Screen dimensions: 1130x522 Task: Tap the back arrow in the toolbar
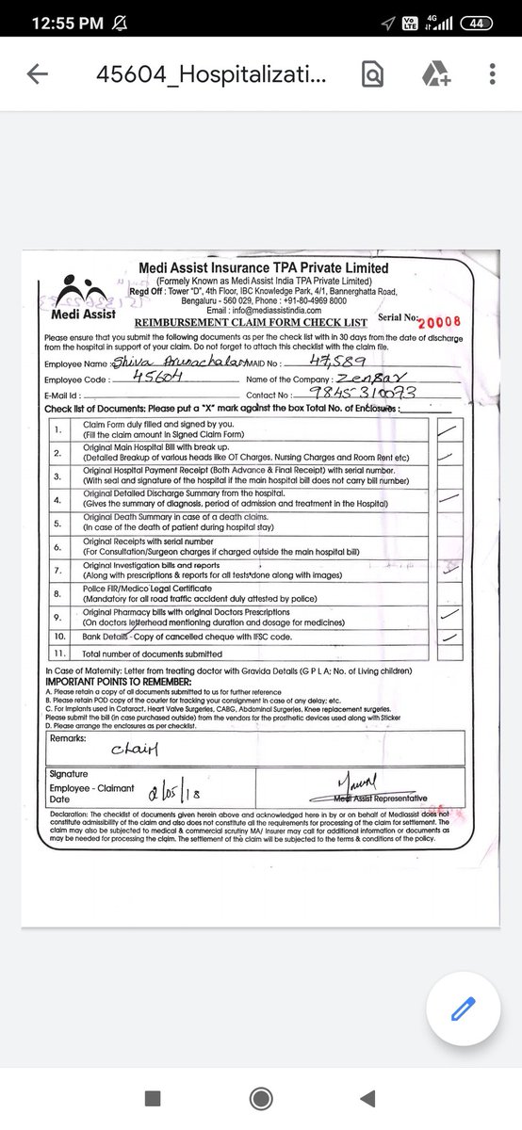(x=38, y=74)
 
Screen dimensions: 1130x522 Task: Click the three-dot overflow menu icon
(x=493, y=74)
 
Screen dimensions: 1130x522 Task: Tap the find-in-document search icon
(x=373, y=74)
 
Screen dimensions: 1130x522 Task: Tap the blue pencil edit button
(x=462, y=1009)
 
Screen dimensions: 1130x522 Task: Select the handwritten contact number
(x=387, y=394)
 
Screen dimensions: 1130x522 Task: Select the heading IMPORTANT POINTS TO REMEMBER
(x=118, y=681)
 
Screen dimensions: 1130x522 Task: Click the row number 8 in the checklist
(x=58, y=592)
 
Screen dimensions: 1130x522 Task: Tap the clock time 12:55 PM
(x=66, y=23)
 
